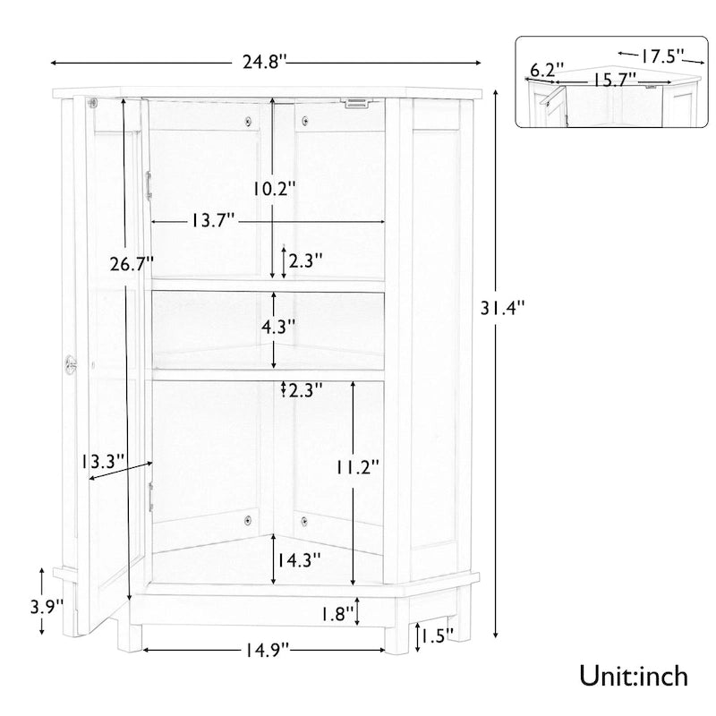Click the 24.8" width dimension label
pyautogui.click(x=264, y=63)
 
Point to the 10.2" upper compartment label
pyautogui.click(x=274, y=189)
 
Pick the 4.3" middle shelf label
pyautogui.click(x=276, y=327)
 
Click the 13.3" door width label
pyautogui.click(x=102, y=462)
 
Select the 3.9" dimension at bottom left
pyautogui.click(x=46, y=606)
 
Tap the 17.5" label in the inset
pyautogui.click(x=663, y=56)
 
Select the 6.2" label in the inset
pyautogui.click(x=547, y=70)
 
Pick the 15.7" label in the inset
pyautogui.click(x=613, y=79)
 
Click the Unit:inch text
pyautogui.click(x=634, y=674)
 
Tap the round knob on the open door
pyautogui.click(x=71, y=362)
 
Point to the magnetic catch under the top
pyautogui.click(x=357, y=103)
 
